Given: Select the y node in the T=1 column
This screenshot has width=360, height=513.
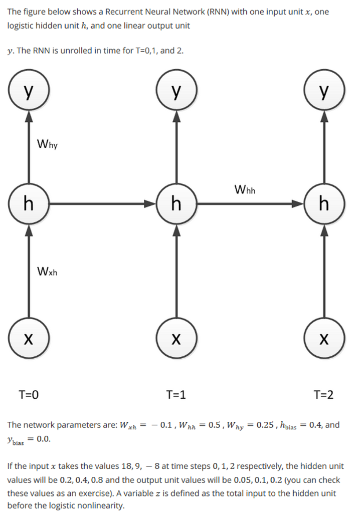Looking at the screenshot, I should [176, 92].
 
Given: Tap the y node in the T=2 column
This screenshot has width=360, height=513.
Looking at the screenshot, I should [324, 92].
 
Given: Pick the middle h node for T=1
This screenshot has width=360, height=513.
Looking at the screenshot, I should [176, 204].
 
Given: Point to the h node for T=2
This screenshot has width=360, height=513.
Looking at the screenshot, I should [324, 204].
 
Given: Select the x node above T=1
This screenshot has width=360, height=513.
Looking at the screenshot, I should [176, 340].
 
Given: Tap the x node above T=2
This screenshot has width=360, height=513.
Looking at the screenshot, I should [324, 340].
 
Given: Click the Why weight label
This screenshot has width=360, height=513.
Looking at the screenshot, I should [48, 145].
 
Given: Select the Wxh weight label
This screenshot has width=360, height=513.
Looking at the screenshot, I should [48, 272].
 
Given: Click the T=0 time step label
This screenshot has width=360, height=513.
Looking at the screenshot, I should [29, 395].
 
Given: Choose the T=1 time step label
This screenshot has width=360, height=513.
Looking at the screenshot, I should [176, 395].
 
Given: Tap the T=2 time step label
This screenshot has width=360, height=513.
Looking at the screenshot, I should [323, 395].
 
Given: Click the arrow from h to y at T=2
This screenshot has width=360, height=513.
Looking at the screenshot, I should [324, 148].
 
